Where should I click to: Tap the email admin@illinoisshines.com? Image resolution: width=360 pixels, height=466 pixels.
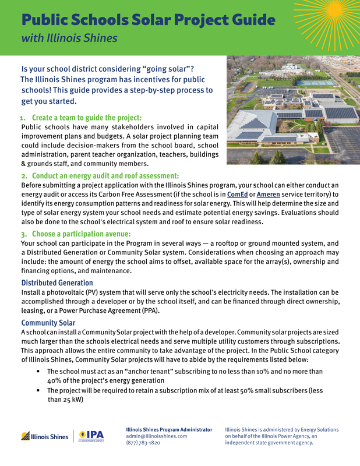click(x=157, y=436)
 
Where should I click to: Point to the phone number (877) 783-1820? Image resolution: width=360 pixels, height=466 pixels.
click(x=144, y=443)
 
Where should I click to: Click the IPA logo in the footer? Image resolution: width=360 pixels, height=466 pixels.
click(x=92, y=436)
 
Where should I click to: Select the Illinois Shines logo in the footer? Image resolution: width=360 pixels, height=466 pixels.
click(x=45, y=436)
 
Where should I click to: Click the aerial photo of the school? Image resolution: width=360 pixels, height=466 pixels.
click(x=292, y=110)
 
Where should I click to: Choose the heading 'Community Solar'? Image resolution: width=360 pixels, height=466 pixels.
click(x=48, y=323)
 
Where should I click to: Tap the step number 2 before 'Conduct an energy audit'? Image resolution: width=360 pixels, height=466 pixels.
click(x=23, y=176)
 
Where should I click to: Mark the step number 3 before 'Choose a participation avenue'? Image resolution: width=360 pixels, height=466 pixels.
click(x=23, y=234)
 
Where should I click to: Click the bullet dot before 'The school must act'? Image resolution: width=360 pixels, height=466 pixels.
click(x=38, y=371)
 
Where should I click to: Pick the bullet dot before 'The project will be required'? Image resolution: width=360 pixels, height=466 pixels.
click(x=38, y=390)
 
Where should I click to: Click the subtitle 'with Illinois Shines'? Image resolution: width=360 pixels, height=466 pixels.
click(x=69, y=39)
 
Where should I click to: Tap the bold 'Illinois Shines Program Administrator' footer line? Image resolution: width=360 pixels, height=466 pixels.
click(x=169, y=429)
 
